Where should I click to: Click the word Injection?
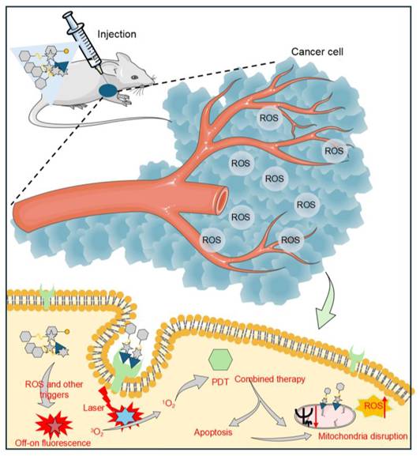click(x=118, y=34)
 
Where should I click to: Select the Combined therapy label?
click(x=270, y=379)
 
